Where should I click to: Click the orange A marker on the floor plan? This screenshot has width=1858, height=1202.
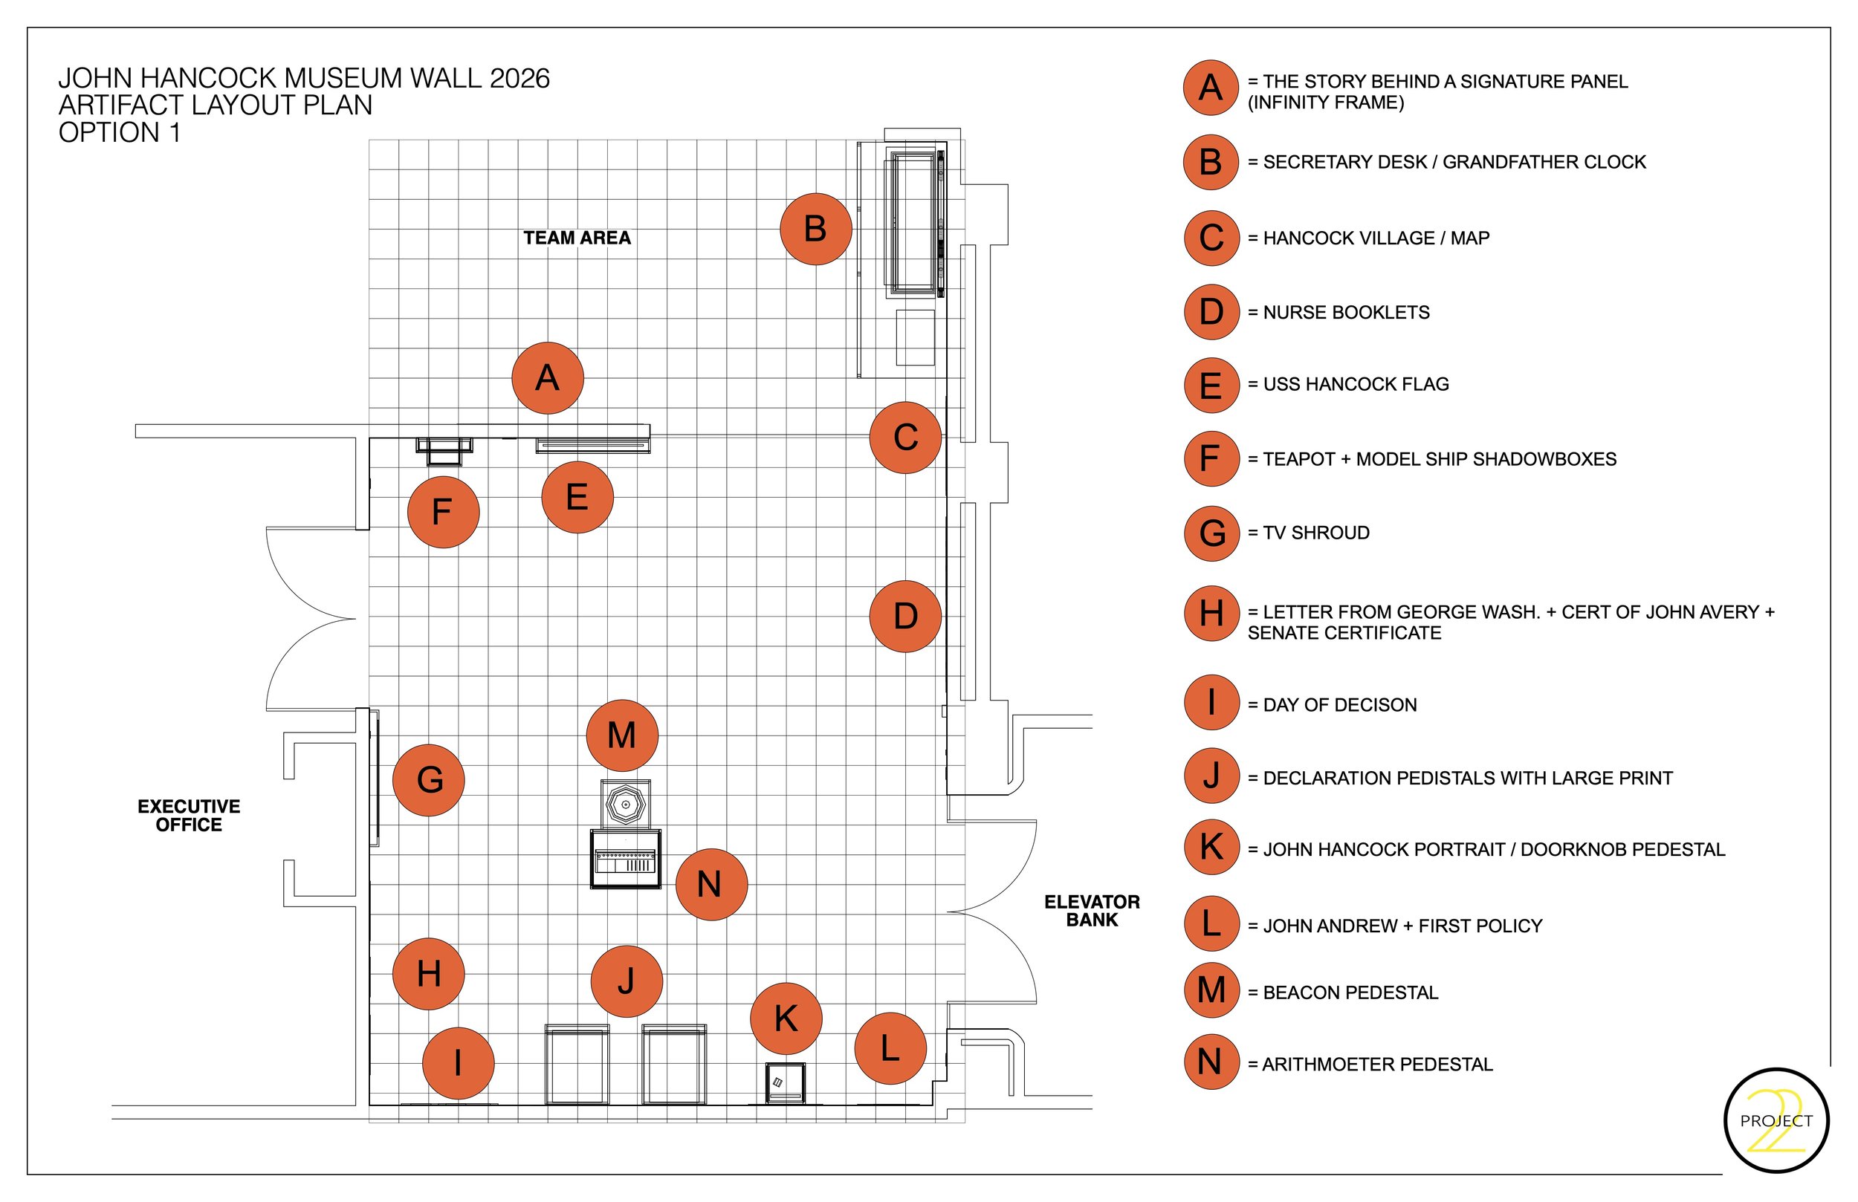click(547, 378)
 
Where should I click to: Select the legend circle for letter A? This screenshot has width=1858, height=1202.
click(1211, 88)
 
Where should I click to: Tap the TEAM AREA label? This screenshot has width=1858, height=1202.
click(577, 238)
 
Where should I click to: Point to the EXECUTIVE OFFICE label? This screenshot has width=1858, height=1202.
click(189, 816)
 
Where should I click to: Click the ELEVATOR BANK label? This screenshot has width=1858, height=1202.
click(1093, 911)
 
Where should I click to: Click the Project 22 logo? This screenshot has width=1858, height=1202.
click(1776, 1121)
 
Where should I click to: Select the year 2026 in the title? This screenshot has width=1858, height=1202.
click(519, 79)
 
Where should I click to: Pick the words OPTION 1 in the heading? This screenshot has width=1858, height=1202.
click(120, 133)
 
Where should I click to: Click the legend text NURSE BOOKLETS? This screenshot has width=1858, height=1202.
click(1347, 312)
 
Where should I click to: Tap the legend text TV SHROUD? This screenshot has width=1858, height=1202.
click(1316, 533)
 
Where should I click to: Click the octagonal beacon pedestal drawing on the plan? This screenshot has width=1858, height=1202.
click(625, 804)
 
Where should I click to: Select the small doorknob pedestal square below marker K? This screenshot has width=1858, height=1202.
click(786, 1082)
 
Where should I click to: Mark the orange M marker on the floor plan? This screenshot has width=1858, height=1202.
click(622, 735)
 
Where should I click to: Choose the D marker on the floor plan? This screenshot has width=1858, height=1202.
click(905, 617)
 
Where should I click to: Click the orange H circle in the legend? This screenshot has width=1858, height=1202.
click(1211, 614)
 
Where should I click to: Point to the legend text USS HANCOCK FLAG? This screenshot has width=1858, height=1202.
click(1356, 384)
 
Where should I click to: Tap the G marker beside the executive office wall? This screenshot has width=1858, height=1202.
click(429, 781)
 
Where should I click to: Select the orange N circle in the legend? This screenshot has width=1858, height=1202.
click(1211, 1062)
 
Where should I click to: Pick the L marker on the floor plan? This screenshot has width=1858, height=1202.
click(891, 1048)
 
